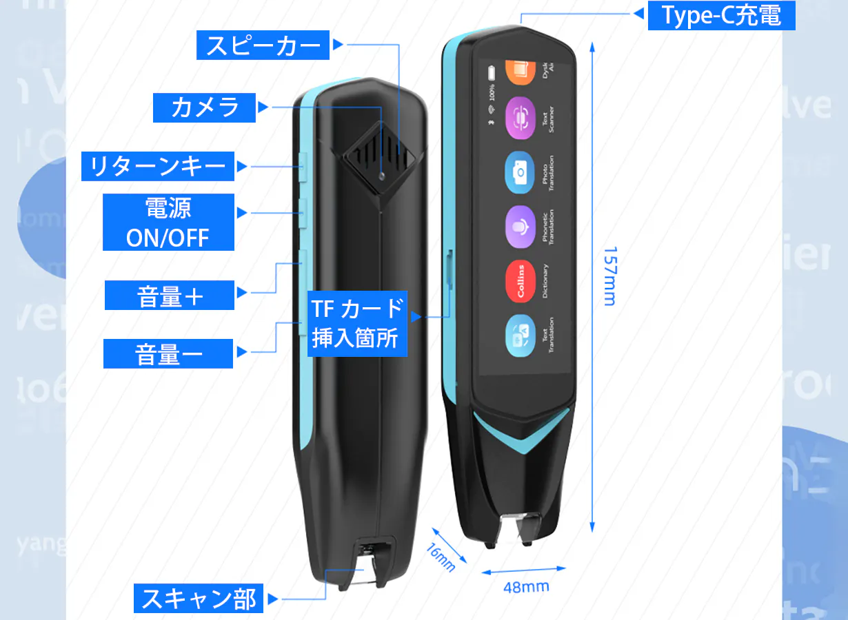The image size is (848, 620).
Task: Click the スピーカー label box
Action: [x=264, y=45]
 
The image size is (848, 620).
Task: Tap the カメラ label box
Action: [x=205, y=107]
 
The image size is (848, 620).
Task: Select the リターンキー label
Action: [x=158, y=166]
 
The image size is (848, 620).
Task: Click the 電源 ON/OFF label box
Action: [x=168, y=222]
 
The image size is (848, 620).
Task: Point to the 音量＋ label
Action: [x=170, y=296]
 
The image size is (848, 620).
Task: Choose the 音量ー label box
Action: [x=168, y=354]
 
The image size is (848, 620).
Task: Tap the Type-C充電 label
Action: [x=721, y=15]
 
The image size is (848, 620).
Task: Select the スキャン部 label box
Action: [x=199, y=598]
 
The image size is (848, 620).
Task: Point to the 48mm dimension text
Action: [x=526, y=586]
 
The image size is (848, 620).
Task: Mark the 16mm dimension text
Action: [x=441, y=557]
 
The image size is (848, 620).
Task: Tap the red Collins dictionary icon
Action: [x=521, y=281]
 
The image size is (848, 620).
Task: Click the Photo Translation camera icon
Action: [x=521, y=173]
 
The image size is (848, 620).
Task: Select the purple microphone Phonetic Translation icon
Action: [x=521, y=227]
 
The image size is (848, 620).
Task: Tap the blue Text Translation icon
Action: [x=521, y=337]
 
